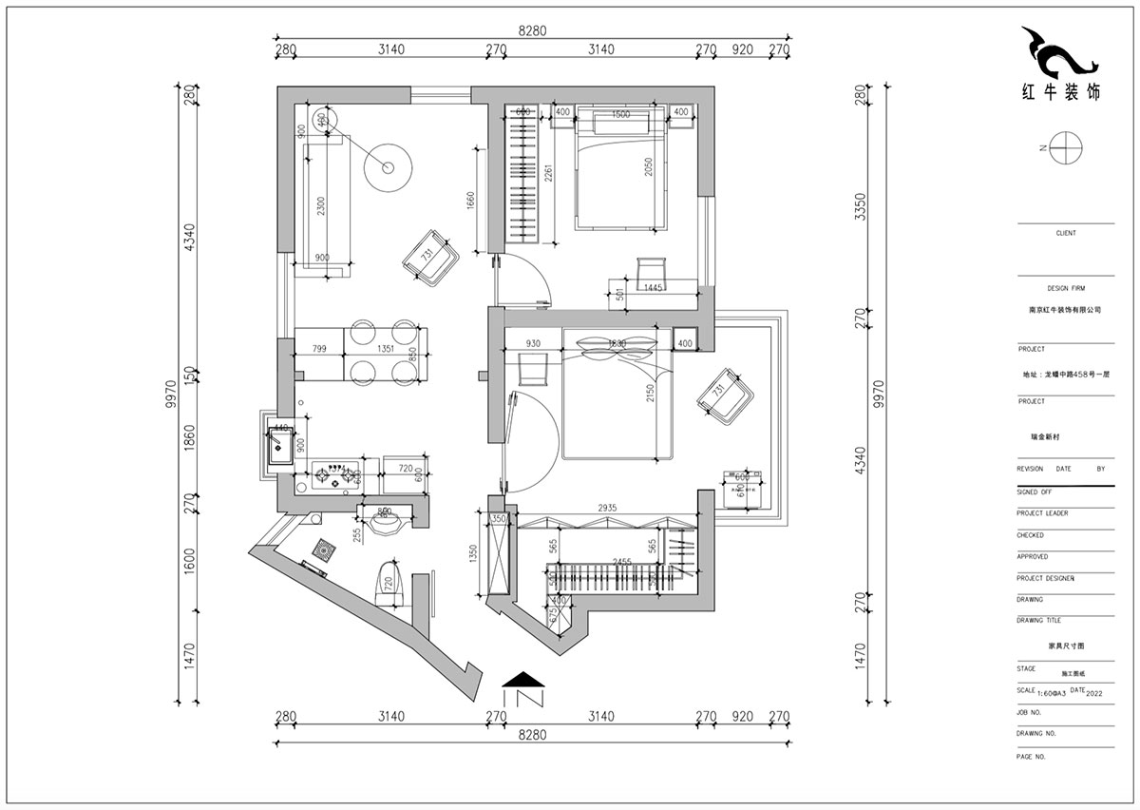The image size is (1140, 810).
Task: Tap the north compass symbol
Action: (x=1066, y=147)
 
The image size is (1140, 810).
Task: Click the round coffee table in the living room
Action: (x=388, y=167)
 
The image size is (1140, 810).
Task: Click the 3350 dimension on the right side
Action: (x=861, y=206)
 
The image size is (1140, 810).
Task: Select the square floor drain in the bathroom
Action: (x=324, y=550)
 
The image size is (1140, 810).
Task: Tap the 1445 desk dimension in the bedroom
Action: (x=653, y=287)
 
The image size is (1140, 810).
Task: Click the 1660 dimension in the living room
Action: (x=470, y=202)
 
